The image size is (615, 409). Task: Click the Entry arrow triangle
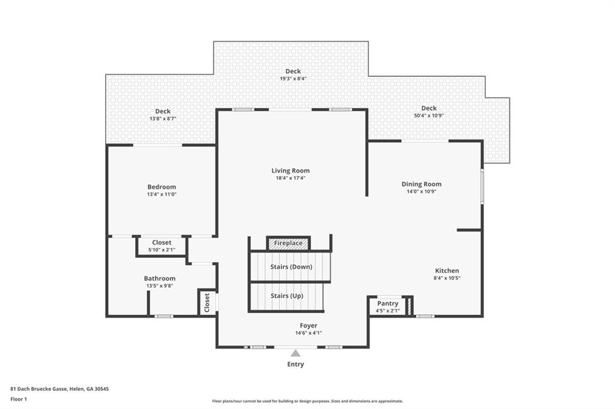tap(295, 354)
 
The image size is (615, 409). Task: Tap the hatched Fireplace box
tap(288, 243)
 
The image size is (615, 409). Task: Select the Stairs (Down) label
tap(291, 266)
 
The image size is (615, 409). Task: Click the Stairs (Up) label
tap(287, 296)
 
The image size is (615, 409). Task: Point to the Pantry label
tap(387, 303)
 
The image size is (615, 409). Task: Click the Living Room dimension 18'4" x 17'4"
tap(291, 178)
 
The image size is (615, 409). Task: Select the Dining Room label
tap(421, 184)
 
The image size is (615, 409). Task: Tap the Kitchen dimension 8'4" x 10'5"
tap(447, 278)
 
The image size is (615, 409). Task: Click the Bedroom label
tap(162, 187)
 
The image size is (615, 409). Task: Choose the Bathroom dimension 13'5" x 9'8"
tap(160, 286)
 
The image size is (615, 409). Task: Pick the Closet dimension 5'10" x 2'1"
tap(162, 249)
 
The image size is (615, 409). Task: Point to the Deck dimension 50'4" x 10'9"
tap(429, 116)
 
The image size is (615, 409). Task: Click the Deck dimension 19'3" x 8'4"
tap(293, 79)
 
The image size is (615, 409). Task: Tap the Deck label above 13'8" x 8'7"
tap(163, 111)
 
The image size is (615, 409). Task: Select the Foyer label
tap(309, 326)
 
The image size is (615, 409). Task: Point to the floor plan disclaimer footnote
tap(307, 401)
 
